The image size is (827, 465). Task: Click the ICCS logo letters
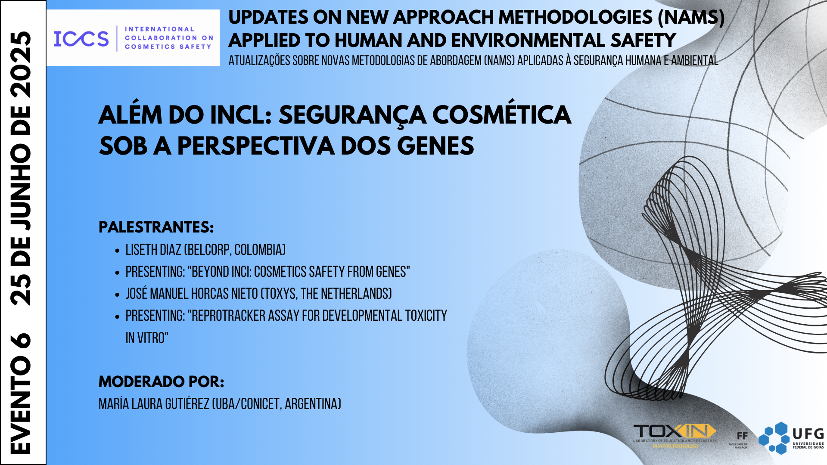81,39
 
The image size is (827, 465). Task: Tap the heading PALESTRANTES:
156,227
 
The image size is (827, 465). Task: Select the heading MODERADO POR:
161,381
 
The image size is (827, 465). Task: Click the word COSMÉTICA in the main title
501,115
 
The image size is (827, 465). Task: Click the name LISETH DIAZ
153,250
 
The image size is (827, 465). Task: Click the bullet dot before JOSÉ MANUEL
117,295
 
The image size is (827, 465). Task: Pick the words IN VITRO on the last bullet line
146,338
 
